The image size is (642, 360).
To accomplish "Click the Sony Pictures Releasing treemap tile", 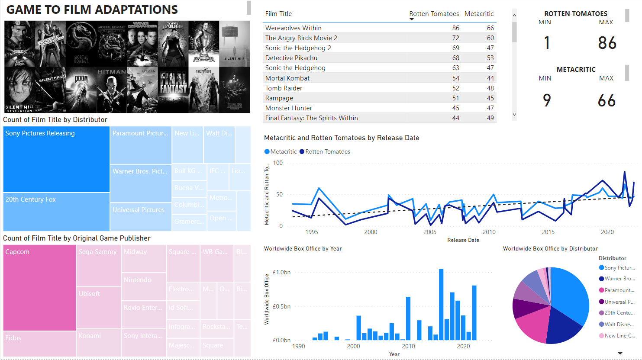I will [56, 159].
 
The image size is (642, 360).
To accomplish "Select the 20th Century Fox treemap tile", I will [56, 212].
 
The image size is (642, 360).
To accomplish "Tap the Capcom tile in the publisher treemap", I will [39, 288].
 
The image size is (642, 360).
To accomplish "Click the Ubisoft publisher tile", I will [98, 307].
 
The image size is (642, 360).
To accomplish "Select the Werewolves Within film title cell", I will [293, 28].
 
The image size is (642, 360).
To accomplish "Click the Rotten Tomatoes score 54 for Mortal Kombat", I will [455, 78].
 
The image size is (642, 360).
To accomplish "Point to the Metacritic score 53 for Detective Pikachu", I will [490, 58].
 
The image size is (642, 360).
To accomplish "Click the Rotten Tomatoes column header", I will [434, 14].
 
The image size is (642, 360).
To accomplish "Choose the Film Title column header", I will [278, 14].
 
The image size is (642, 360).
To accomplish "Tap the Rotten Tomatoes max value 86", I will [607, 43].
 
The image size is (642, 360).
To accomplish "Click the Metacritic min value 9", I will [547, 100].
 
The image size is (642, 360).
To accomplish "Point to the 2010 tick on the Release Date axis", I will [489, 232].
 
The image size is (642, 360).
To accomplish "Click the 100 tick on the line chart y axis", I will [278, 163].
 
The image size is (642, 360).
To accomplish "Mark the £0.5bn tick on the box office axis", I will [281, 306].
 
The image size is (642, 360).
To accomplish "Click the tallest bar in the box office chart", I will [441, 305].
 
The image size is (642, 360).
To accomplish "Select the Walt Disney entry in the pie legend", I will [619, 325].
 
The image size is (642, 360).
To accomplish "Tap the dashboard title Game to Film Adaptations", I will [92, 10].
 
